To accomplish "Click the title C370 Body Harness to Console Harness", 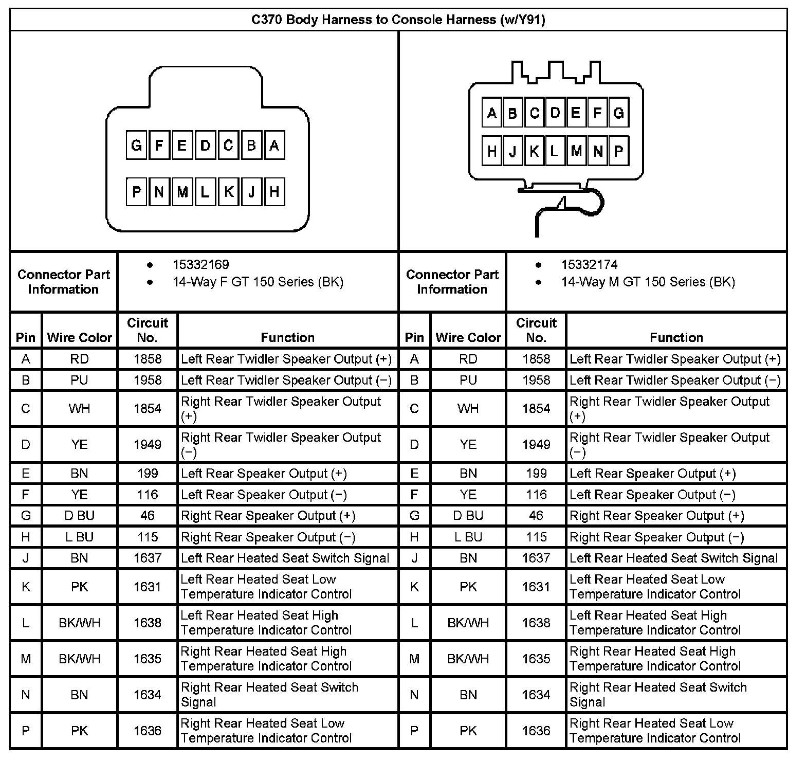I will pos(398,20).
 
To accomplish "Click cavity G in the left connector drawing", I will pos(136,145).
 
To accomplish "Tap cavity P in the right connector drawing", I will pos(618,151).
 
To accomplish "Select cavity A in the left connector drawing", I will pos(274,145).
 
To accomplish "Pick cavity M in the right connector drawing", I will pos(576,151).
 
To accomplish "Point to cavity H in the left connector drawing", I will pos(274,192).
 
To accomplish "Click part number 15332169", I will pos(200,265).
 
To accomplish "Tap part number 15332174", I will pos(589,265).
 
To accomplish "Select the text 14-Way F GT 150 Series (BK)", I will pos(258,282).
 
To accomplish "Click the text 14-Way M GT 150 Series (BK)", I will pos(648,282).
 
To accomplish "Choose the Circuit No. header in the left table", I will pos(148,330).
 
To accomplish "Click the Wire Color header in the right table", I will pos(468,337).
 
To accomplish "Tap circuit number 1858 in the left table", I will pos(148,359).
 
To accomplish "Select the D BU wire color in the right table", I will pos(468,516).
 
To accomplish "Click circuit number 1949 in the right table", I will pos(536,444).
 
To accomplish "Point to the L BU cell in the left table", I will pos(79,537).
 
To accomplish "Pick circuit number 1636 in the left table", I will pos(148,731).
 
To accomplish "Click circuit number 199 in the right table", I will pos(536,474).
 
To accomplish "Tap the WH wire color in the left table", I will pos(79,409).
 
